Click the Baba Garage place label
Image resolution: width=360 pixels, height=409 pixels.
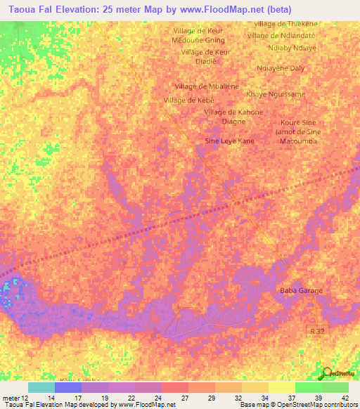pos(301,291)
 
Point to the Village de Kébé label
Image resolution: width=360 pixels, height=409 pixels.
pos(188,100)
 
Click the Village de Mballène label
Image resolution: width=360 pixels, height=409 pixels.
pos(207,86)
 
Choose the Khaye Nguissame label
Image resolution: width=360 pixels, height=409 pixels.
pos(276,94)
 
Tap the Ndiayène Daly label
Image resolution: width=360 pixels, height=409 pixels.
pos(281,68)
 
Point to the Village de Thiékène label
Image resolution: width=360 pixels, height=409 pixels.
pos(285,24)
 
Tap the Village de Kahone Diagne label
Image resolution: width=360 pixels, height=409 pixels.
pos(233,117)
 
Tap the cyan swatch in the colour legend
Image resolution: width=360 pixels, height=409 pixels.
pos(41,387)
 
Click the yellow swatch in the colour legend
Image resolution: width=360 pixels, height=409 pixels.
pos(281,387)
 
